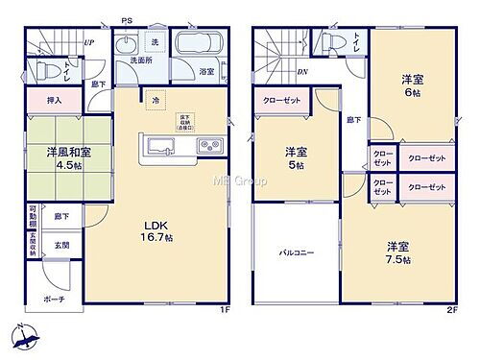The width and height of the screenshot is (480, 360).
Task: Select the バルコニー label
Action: [x=297, y=252]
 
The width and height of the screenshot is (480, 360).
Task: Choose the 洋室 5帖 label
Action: [x=296, y=158]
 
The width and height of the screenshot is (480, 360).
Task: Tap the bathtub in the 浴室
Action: [x=202, y=45]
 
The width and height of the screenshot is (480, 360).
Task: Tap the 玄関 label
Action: [x=60, y=245]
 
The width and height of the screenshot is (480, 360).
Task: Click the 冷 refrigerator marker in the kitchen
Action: [x=155, y=100]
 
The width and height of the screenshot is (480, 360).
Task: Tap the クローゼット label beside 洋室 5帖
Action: [x=283, y=100]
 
